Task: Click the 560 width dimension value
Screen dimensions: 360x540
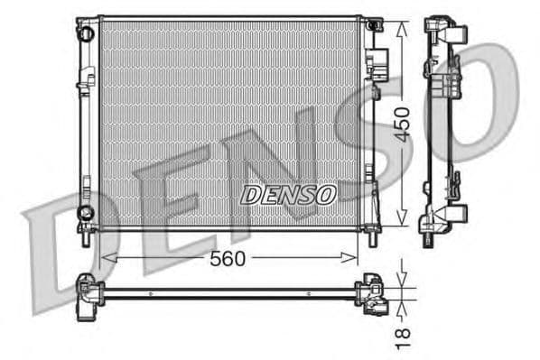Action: pyautogui.click(x=228, y=259)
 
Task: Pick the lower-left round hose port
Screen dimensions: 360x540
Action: pyautogui.click(x=86, y=213)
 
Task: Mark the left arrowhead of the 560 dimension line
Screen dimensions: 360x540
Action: pyautogui.click(x=106, y=259)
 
